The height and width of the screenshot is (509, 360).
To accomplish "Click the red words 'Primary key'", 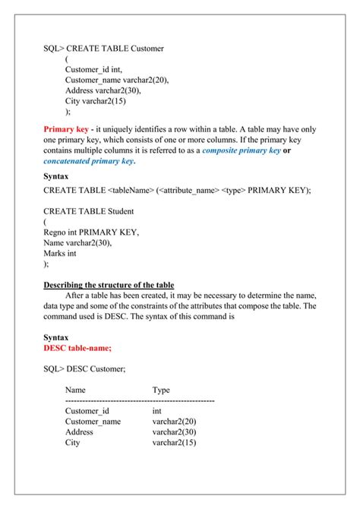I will click(x=66, y=129).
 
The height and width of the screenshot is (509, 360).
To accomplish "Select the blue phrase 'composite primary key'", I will click(x=241, y=150).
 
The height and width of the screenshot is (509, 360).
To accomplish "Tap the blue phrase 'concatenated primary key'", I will click(x=88, y=161).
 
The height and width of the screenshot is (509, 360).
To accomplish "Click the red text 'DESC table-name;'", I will click(x=77, y=347).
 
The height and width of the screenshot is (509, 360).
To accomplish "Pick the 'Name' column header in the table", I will click(x=76, y=390).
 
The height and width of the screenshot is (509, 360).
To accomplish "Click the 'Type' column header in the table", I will click(x=161, y=390).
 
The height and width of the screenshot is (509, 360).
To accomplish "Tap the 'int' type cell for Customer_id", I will click(x=157, y=410).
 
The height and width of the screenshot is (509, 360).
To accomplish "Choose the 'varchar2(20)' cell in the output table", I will click(x=174, y=421).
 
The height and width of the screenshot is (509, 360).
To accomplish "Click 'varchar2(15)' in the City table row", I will click(x=174, y=442).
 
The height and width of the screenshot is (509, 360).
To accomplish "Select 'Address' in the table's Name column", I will click(x=79, y=432).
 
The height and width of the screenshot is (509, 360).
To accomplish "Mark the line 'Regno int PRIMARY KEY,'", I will click(x=91, y=232).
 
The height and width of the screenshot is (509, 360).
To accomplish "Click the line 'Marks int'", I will click(x=63, y=253).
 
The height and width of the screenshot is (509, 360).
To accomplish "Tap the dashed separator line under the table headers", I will click(x=140, y=400).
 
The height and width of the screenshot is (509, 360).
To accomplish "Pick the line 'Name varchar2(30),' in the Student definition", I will click(x=81, y=242).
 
